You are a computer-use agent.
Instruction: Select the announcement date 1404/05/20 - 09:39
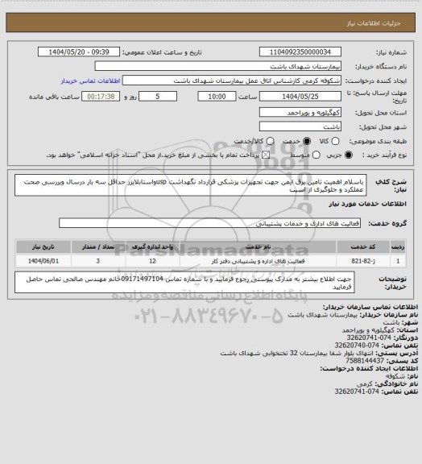[x=89, y=52]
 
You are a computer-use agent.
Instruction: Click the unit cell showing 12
[x=151, y=260]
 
